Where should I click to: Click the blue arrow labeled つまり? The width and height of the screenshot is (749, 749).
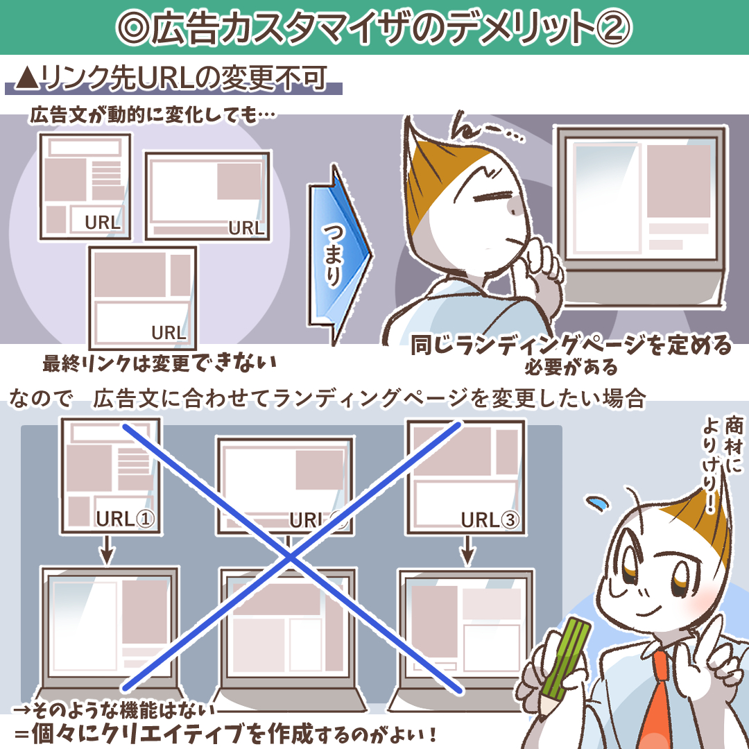point(338,253)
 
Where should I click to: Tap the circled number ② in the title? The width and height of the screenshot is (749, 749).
point(613,27)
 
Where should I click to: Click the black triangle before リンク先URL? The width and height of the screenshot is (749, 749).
point(27,78)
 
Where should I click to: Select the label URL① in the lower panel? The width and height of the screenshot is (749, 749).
point(125,519)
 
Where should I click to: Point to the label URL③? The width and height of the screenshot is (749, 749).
point(490,519)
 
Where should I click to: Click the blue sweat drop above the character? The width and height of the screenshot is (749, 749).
point(598,503)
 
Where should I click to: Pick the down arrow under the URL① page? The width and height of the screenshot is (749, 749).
point(107,550)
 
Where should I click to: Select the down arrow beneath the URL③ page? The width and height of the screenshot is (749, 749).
point(467,550)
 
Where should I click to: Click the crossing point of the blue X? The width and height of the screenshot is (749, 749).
point(290,556)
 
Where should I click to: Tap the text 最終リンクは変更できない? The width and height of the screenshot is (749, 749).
point(160,363)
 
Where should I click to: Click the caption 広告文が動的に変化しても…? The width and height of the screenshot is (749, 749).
point(153,115)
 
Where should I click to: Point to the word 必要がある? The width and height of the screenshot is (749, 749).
point(571,368)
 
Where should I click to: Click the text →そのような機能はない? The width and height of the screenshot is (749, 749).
point(114,710)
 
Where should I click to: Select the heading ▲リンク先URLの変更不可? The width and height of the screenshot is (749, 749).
point(172,78)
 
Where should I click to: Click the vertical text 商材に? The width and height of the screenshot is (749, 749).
point(734,445)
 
